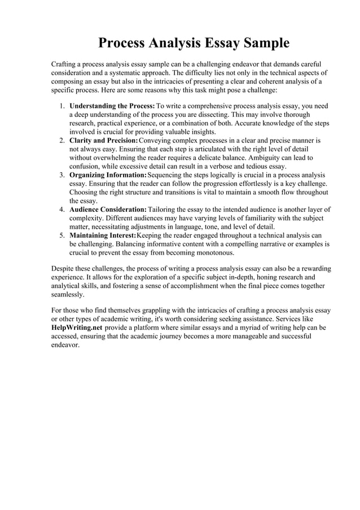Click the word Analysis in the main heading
(x=178, y=43)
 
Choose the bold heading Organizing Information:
(x=107, y=175)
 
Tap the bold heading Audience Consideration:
(x=108, y=210)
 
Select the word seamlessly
(x=68, y=294)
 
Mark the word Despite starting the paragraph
(x=63, y=268)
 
